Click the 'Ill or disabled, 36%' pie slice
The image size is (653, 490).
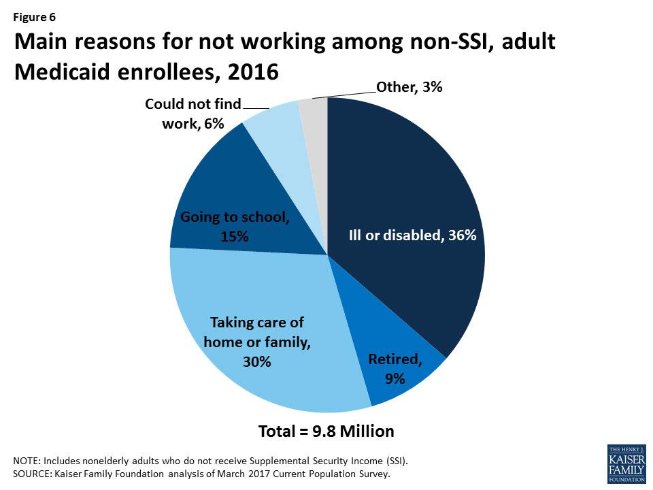point(408,204)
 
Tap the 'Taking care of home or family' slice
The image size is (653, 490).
point(258,340)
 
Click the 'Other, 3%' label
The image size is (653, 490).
point(409,87)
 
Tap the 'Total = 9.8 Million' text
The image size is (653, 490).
point(326,431)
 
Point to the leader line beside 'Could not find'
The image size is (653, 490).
point(256,107)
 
